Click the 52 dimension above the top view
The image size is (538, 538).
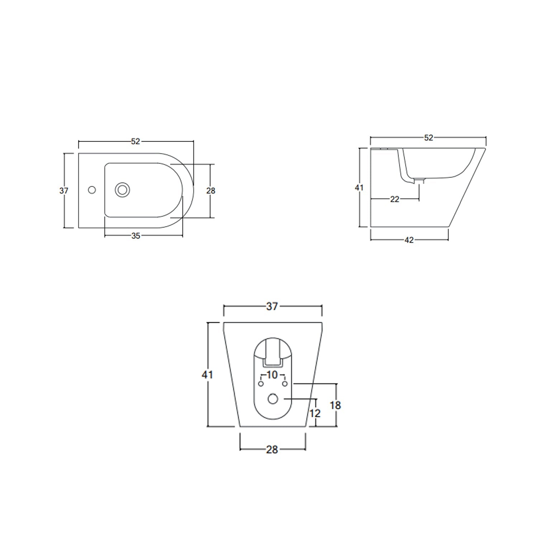135,142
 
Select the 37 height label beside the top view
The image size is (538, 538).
64,191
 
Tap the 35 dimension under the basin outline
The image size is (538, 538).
136,236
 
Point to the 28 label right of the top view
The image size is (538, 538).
211,191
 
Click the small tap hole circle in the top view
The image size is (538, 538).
92,190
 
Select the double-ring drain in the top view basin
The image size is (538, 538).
122,190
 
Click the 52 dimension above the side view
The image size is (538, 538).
428,138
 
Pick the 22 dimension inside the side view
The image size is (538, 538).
395,199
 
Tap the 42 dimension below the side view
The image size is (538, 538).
409,240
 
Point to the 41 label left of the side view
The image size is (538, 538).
359,188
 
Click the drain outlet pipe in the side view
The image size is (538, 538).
419,181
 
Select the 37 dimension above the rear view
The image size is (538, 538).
272,307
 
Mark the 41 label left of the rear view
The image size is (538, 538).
207,375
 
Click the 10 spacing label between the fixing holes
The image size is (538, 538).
272,375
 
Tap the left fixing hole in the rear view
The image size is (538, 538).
261,384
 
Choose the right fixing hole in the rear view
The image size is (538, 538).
285,384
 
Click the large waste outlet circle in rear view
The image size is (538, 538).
273,398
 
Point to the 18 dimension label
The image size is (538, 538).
335,405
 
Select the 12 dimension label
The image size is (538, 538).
315,414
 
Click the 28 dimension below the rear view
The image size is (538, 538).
272,449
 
